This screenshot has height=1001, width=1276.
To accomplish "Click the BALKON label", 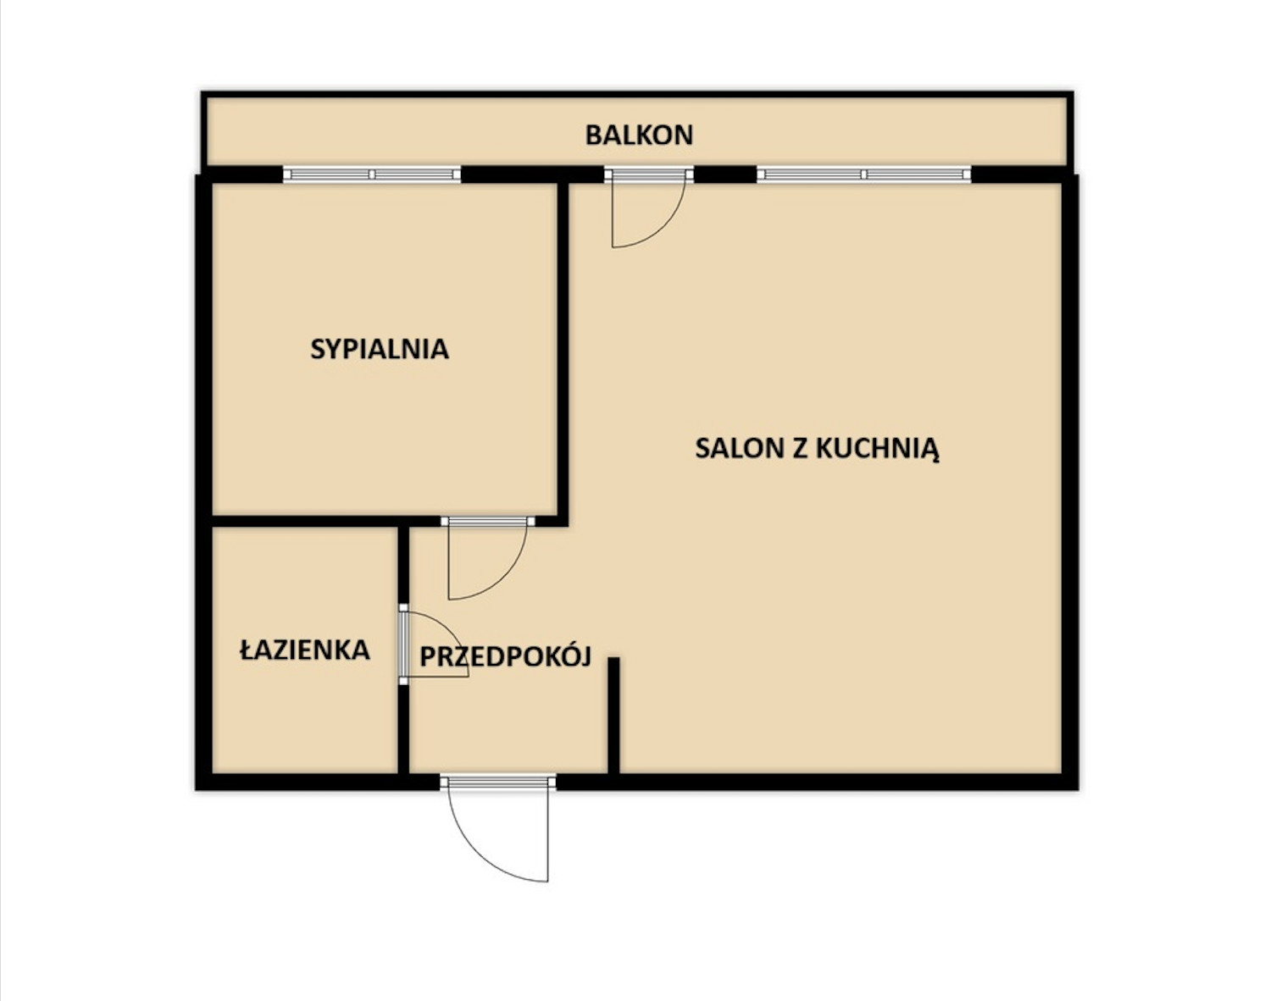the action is pos(639,135).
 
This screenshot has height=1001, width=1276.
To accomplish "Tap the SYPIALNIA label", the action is pos(380,349).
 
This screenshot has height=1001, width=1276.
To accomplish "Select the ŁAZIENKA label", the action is pos(305,649).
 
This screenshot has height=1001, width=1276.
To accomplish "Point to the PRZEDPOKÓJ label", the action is pos(505,655).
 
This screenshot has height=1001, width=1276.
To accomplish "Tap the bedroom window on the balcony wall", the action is pos(372,174).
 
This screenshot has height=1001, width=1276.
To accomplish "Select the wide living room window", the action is pos(863,174).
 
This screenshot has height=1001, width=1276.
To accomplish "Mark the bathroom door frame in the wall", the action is pos(403,644).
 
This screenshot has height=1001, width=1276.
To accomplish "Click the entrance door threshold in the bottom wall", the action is pos(498,781).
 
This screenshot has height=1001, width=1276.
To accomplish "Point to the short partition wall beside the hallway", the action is pos(613,716).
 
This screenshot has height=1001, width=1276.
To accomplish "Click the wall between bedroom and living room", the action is pos(563,352).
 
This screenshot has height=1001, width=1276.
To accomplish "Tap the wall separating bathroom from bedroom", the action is pos(305,521).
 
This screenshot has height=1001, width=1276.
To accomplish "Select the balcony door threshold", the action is pos(649,174).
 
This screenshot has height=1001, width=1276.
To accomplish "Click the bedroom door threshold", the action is pos(489,521).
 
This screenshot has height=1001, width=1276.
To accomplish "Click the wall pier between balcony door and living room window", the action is pos(725,174).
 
